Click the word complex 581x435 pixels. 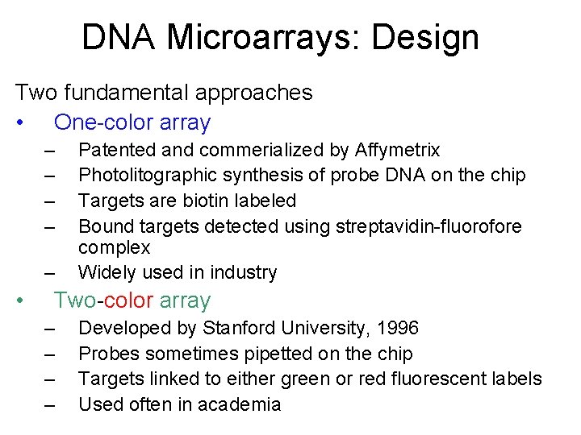point(114,246)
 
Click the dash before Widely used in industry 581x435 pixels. point(50,273)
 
